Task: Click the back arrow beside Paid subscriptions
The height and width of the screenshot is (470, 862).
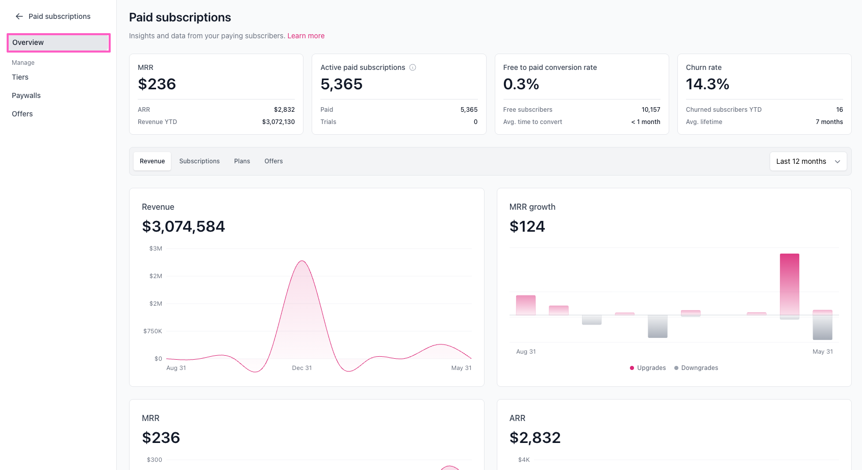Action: coord(19,16)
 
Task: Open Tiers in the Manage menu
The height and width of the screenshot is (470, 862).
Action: coord(20,77)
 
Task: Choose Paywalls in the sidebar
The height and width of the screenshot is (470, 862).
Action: coord(26,95)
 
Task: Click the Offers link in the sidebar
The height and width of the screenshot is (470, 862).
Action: coord(22,114)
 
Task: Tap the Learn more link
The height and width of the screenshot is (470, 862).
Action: coord(306,36)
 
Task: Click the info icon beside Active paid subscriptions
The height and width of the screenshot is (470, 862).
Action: coord(413,67)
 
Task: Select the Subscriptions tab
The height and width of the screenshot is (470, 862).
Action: coord(199,161)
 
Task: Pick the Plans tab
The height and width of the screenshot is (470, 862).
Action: coord(242,161)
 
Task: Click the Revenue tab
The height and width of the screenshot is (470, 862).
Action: coord(153,161)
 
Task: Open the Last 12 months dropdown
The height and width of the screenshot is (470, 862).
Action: coord(808,161)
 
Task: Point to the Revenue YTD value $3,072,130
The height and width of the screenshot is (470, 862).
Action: coord(278,121)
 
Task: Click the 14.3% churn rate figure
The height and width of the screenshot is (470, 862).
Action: coord(707,84)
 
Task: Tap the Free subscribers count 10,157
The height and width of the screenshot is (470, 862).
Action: coord(651,109)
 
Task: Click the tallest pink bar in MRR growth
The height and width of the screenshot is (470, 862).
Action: coord(790,284)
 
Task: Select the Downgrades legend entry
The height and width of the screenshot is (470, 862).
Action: coord(696,367)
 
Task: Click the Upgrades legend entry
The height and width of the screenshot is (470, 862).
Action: coord(648,367)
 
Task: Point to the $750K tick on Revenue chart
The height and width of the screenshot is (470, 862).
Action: coord(153,331)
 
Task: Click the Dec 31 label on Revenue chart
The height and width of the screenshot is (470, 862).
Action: coord(302,367)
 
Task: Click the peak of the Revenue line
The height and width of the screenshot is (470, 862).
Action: coord(302,261)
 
